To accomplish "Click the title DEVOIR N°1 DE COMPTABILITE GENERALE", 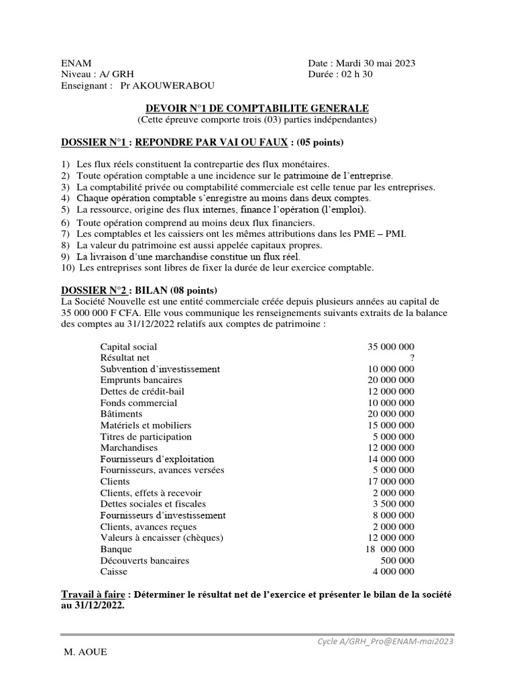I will pos(257,108).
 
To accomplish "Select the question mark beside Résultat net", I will pos(411,358).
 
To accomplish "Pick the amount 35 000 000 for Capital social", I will pos(391,347).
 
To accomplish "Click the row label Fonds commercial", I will pos(139,403).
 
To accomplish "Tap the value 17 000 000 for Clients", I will pos(391,481).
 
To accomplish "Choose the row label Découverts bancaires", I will pos(145,560).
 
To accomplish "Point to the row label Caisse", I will pos(113,572).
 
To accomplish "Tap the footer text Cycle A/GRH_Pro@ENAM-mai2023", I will pos(386,641).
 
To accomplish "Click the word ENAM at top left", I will pos(76,63).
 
